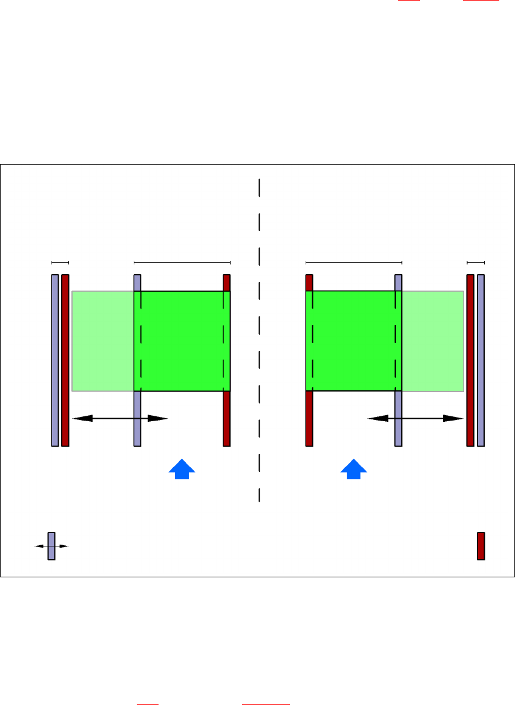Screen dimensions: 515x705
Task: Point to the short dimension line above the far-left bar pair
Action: pos(61,263)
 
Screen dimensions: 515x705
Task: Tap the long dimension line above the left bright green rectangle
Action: pos(182,263)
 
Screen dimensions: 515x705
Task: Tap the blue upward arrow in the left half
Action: pos(182,469)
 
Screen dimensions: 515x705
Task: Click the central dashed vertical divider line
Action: pos(259,339)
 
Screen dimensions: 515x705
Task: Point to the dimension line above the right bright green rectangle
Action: pos(354,263)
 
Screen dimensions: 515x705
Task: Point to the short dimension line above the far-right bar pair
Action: pos(476,263)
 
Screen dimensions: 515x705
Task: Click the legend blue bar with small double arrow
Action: pos(51,546)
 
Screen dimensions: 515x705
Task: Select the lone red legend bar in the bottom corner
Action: pos(481,546)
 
